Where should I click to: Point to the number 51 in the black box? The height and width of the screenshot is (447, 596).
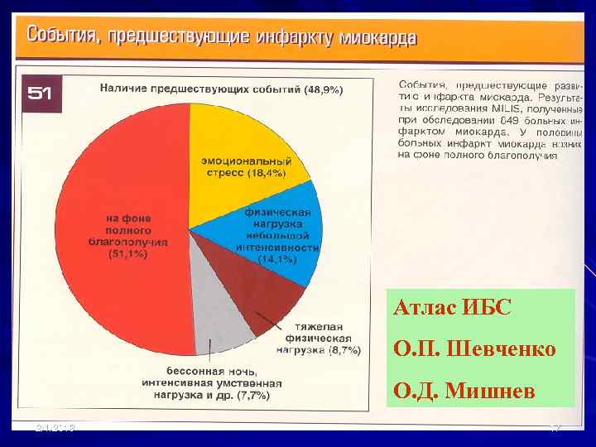[x=41, y=94]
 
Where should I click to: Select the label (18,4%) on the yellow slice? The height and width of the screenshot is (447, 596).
[x=267, y=174]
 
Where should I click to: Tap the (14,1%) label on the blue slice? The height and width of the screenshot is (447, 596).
[x=277, y=259]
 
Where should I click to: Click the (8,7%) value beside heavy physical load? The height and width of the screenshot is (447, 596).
[x=344, y=350]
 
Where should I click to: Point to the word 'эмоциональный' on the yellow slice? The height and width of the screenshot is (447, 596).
[x=246, y=161]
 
